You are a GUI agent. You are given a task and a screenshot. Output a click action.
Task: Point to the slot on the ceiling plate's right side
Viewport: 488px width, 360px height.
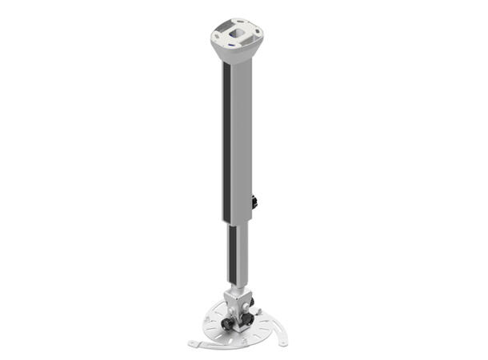[257, 31]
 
